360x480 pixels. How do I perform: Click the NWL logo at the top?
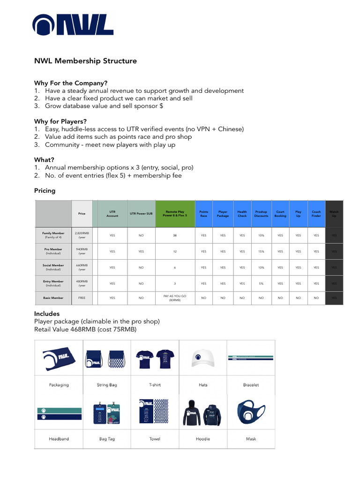point(73,25)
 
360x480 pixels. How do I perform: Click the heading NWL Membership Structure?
point(85,61)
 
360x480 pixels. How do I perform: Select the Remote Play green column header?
point(175,214)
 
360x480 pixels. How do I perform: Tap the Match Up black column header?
point(334,214)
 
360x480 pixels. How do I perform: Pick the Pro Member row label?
point(53,251)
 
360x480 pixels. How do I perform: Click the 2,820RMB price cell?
point(82,235)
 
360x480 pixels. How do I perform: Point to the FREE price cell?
point(82,298)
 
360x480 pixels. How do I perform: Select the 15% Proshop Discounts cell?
point(261,251)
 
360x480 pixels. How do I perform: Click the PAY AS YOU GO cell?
point(175,298)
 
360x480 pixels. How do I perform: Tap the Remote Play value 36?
point(175,235)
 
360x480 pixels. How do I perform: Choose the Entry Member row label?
point(53,283)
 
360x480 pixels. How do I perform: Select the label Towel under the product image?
point(155,439)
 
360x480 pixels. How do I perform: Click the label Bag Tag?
point(107,439)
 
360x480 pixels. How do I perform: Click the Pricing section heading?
point(45,191)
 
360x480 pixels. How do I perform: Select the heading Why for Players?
point(60,121)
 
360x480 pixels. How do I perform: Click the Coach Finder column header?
point(316,214)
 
